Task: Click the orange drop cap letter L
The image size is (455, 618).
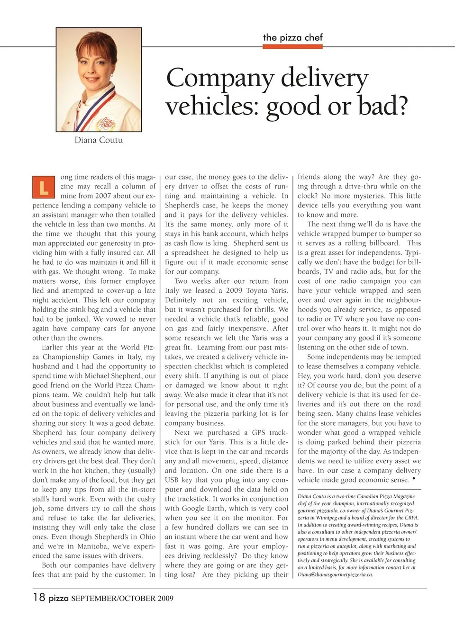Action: point(43,187)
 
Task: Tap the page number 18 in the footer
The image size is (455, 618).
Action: point(39,597)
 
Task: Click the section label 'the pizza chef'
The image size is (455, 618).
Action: point(292,37)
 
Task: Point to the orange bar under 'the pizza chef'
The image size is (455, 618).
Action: point(292,46)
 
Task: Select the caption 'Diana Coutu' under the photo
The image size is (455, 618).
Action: point(99,140)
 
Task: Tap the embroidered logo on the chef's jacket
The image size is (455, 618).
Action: point(105,122)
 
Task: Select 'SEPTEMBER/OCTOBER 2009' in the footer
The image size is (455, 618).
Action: point(122,598)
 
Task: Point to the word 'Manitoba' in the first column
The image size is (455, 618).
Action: point(92,546)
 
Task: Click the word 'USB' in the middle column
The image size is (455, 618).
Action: point(173,480)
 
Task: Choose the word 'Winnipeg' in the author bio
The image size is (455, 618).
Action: point(331,518)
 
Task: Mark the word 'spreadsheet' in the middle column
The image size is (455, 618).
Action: point(187,253)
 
